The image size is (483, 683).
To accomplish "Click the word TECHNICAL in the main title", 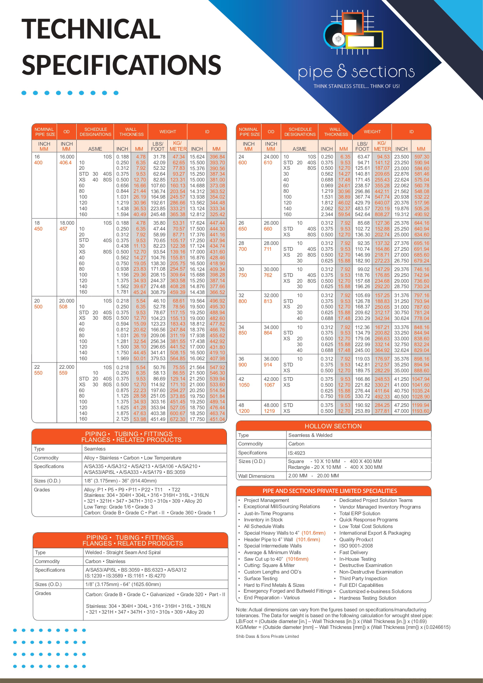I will (x=91, y=29).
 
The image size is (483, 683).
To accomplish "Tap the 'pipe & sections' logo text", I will (x=356, y=72).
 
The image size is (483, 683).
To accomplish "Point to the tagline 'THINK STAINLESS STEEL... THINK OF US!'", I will (x=357, y=86).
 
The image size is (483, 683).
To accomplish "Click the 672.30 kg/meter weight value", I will (x=177, y=419).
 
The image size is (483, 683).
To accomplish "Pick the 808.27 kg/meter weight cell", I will (x=382, y=214).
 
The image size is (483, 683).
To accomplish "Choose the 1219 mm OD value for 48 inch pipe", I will (x=269, y=411).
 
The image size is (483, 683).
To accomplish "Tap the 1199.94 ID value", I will (x=421, y=405).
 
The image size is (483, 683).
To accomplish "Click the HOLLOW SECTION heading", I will (x=333, y=426).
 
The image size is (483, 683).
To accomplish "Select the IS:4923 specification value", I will (x=297, y=453).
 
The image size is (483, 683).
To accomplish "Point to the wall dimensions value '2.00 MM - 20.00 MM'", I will (x=313, y=475).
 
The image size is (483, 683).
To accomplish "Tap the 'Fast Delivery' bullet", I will (x=353, y=552).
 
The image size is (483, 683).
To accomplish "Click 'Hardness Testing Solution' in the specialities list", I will (x=367, y=598).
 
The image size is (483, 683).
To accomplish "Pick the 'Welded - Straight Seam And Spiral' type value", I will (x=123, y=552).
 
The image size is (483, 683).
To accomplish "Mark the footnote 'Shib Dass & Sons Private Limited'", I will (x=267, y=636).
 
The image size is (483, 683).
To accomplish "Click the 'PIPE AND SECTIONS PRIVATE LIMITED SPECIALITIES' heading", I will (x=330, y=491).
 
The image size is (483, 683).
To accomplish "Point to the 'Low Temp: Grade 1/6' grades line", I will (x=118, y=507).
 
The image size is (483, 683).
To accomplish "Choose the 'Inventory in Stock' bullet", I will (x=263, y=520).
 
